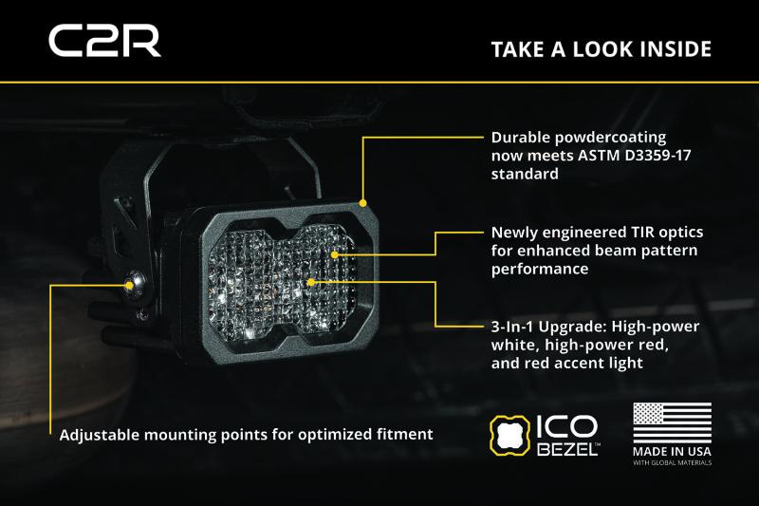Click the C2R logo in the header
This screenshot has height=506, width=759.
[x=104, y=42]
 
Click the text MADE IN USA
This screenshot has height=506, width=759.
[x=672, y=452]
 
